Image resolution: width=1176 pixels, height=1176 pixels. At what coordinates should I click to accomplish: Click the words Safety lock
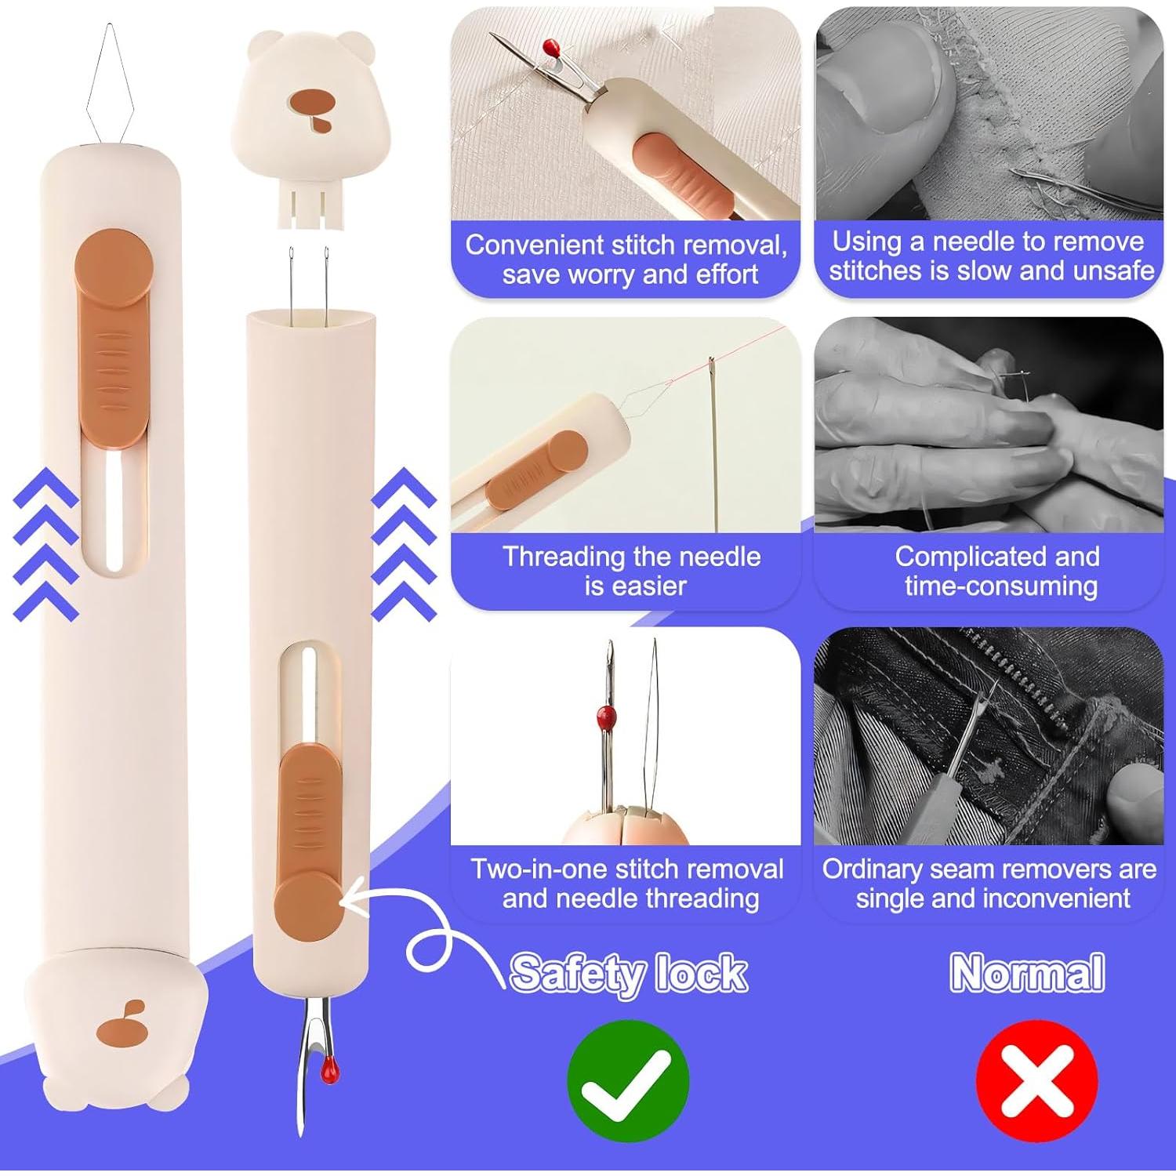point(628,974)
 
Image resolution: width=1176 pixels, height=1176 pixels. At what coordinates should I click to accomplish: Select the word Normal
point(1027,973)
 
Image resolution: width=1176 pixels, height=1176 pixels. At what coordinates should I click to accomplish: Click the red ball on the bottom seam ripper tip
point(330,1069)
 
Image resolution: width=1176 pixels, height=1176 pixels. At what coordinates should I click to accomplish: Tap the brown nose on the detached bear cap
point(311,102)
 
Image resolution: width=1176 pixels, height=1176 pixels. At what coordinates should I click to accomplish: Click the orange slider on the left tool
point(113,337)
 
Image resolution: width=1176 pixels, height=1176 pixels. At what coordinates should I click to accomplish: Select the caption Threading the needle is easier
point(632,571)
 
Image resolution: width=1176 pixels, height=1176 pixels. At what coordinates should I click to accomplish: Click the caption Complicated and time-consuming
point(997,571)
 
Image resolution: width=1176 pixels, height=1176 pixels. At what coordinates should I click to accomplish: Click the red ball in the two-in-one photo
point(605,714)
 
